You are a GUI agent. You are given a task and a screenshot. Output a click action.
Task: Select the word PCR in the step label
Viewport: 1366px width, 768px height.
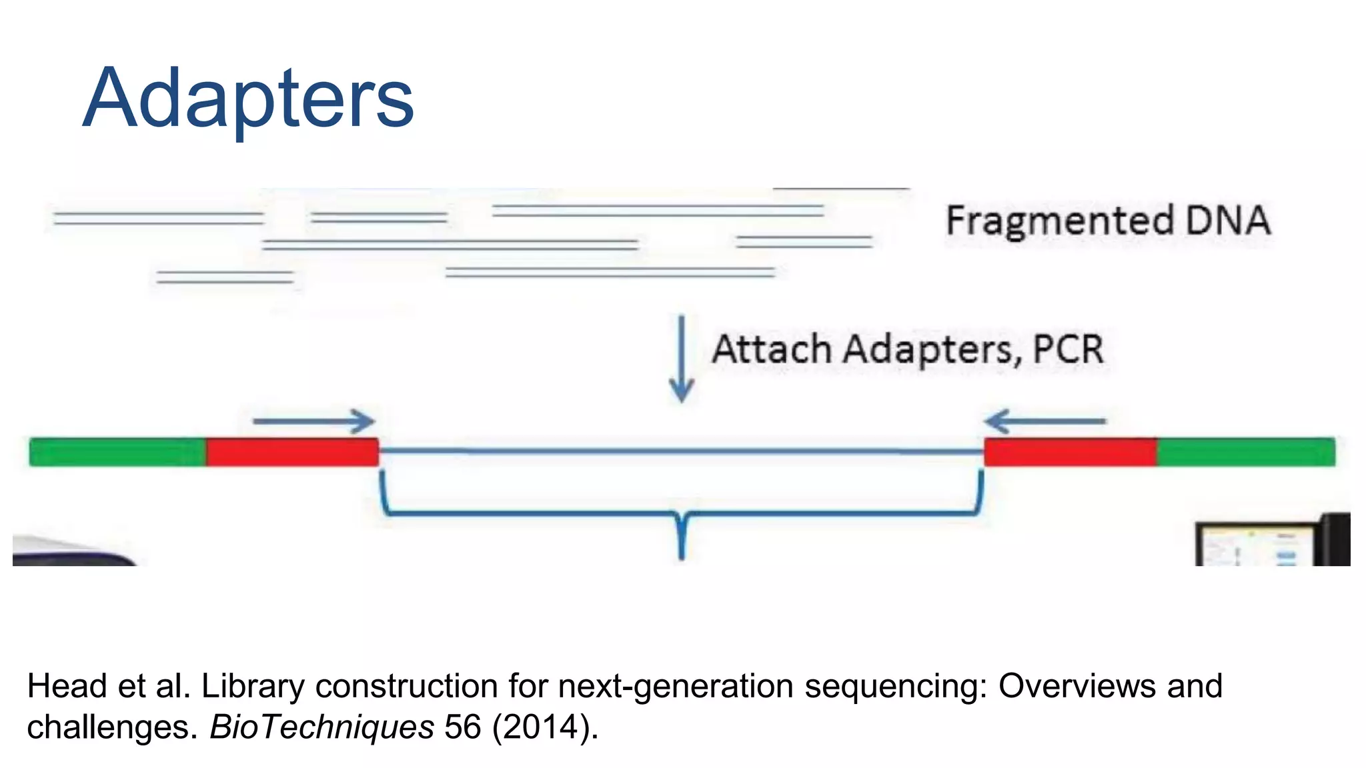tap(1068, 349)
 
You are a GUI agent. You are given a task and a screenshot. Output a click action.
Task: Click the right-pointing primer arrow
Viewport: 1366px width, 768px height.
tap(313, 421)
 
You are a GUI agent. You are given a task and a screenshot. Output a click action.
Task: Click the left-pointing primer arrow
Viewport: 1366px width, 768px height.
tap(1045, 421)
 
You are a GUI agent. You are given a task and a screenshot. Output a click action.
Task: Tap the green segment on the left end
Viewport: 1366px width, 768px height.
tap(117, 452)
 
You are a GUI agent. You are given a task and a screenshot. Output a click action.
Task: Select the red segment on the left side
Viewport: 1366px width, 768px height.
tap(292, 452)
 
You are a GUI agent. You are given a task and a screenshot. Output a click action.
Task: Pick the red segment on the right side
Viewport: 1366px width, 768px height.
tap(1070, 452)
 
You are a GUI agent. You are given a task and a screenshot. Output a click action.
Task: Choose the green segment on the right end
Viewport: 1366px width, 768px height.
tap(1245, 452)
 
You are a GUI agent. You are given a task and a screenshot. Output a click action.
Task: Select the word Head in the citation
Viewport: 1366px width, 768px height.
tap(67, 687)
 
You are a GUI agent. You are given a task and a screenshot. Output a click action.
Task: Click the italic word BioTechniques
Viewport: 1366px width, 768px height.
tap(322, 727)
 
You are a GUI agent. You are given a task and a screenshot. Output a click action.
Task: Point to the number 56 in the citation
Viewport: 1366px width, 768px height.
tap(462, 727)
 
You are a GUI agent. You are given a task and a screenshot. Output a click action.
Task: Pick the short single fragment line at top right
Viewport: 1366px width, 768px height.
tap(840, 189)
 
